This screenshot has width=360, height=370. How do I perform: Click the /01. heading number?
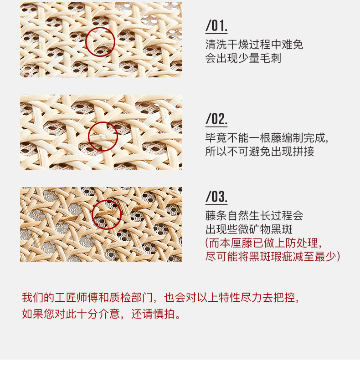point(216,25)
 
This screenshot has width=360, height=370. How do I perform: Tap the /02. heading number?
point(216,119)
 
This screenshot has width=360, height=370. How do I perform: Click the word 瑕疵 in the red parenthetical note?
point(282,257)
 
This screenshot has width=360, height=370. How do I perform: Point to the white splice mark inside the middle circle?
point(103,137)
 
